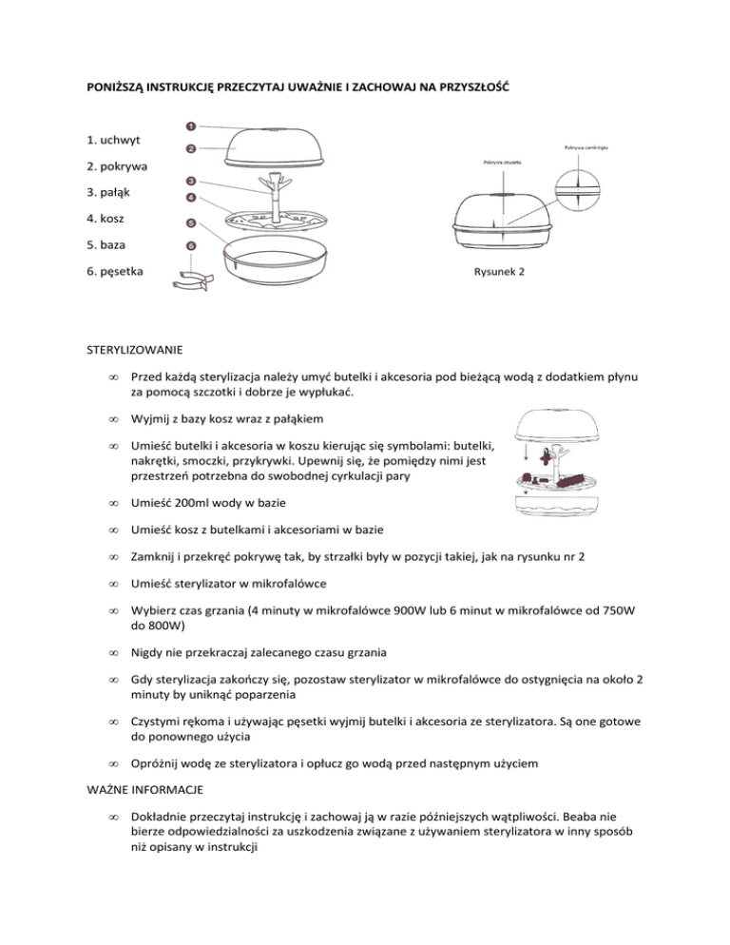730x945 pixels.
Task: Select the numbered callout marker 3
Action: [190, 181]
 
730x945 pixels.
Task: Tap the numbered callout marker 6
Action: [190, 245]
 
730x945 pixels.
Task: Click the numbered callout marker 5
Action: [190, 224]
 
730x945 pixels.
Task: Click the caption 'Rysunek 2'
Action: [500, 271]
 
